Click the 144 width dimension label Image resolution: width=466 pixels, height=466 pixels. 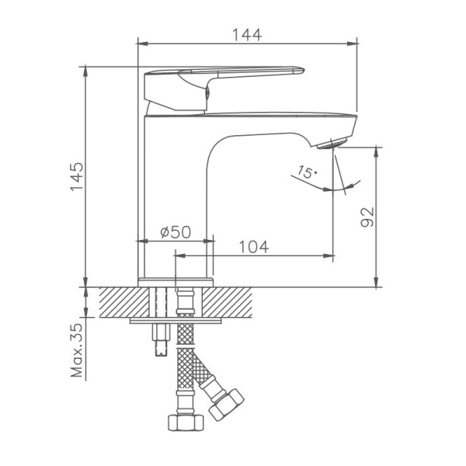[246, 34]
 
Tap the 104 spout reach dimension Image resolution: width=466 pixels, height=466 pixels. [253, 247]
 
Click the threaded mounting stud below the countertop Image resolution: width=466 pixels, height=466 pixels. [160, 338]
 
